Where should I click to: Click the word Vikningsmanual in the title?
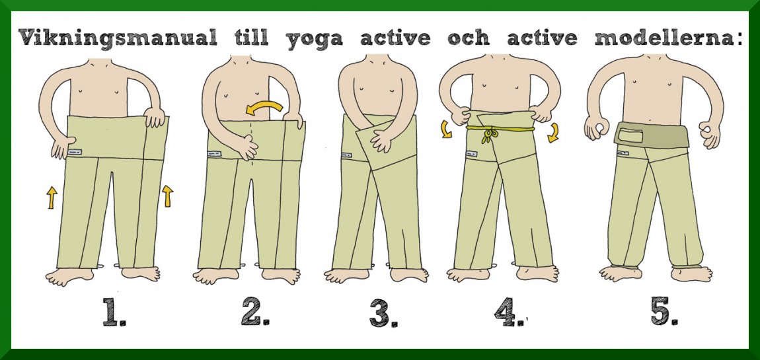(117, 38)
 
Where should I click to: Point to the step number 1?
(114, 312)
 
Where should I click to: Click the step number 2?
(256, 312)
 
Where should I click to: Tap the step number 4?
(509, 312)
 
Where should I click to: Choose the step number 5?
(665, 312)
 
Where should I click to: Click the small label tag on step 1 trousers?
(75, 152)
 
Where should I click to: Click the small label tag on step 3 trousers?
(347, 156)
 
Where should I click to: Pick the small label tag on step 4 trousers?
(471, 154)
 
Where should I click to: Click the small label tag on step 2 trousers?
(213, 154)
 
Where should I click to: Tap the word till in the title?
(251, 37)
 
